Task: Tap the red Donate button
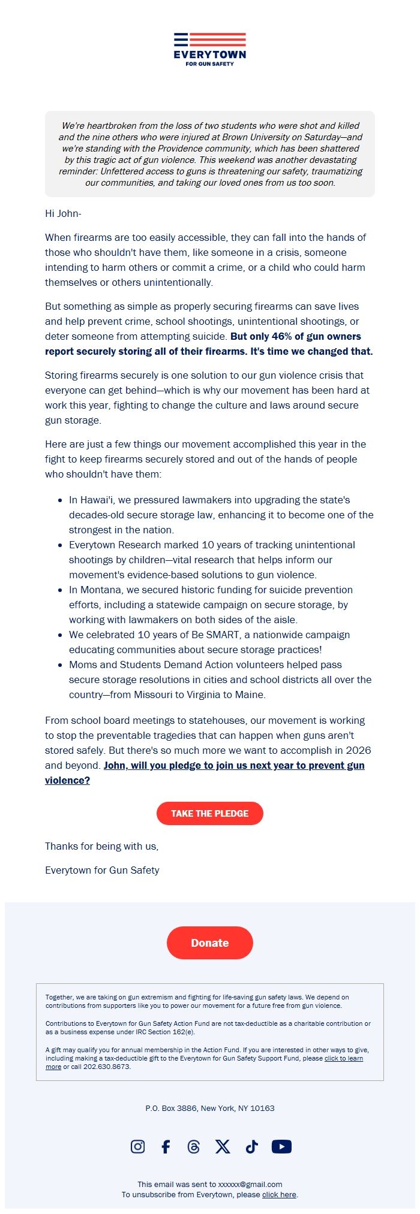point(210,943)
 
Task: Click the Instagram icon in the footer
point(137,1146)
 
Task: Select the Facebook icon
point(166,1146)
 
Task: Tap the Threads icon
point(193,1146)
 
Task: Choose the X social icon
point(223,1146)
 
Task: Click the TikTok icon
point(251,1146)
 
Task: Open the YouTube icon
point(281,1146)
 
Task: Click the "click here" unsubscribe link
point(279,1194)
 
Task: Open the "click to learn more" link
point(343,1058)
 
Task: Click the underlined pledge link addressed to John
point(234,765)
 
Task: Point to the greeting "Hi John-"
point(63,213)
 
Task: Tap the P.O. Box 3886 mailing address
point(210,1108)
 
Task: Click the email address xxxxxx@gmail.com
point(250,1184)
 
